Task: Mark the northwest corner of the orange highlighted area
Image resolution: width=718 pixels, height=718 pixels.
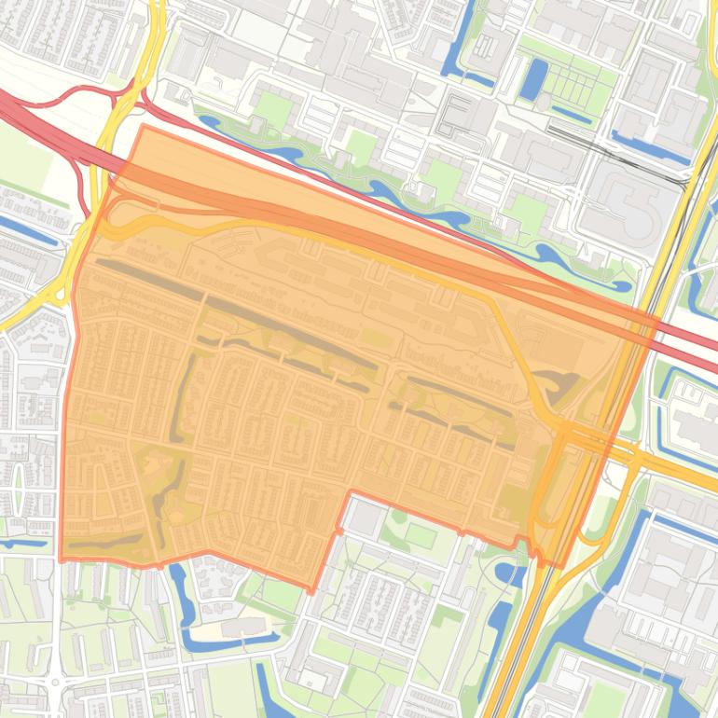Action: pos(143,127)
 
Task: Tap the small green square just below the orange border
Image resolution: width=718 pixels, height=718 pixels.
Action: pos(421,536)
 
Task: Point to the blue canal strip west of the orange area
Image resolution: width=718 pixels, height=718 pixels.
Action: pos(28,228)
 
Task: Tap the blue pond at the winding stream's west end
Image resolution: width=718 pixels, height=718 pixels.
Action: pos(210,121)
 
